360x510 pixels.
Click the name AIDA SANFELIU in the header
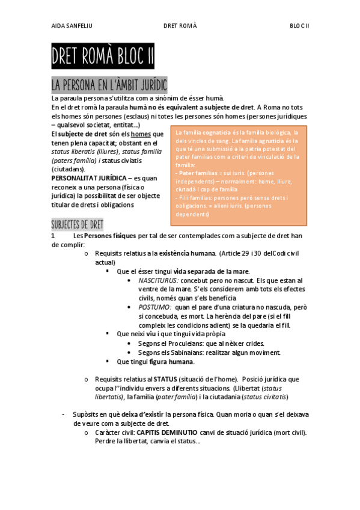pos(71,26)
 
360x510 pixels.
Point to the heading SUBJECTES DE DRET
pos(78,224)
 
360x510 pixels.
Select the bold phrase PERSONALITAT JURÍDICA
pos(89,179)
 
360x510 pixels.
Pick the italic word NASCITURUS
pos(158,280)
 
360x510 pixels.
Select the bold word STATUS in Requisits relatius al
pos(165,379)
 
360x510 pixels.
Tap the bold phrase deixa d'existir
pos(142,414)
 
